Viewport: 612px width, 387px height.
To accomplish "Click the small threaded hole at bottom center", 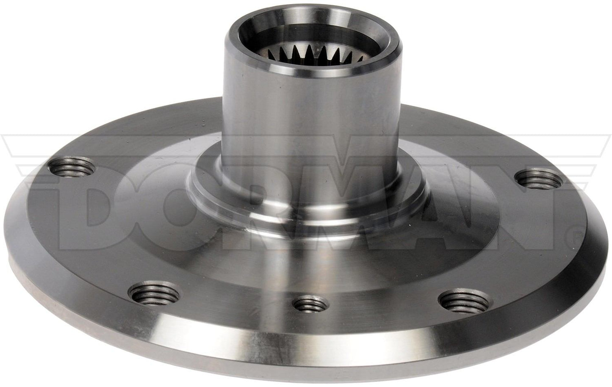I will coord(310,304).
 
